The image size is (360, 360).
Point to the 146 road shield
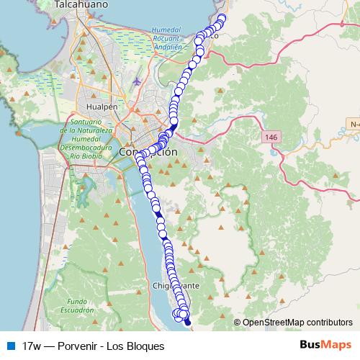point(271,137)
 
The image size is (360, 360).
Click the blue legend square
point(9,345)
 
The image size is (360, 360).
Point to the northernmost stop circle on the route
point(222,18)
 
